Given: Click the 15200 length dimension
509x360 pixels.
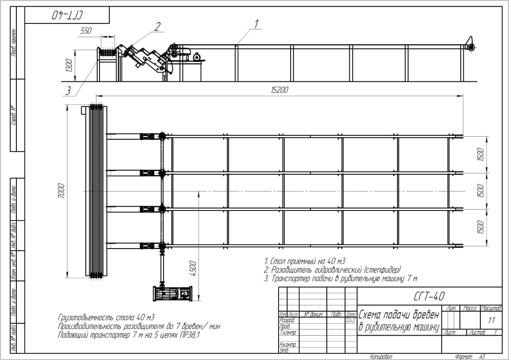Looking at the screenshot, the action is [279, 90].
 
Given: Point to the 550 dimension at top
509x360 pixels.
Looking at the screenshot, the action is [86, 31].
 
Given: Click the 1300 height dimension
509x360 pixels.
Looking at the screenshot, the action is [69, 65].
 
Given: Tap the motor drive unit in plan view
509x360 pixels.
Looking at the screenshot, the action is [172, 293].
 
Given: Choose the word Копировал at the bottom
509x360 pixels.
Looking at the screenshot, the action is [381, 356].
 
